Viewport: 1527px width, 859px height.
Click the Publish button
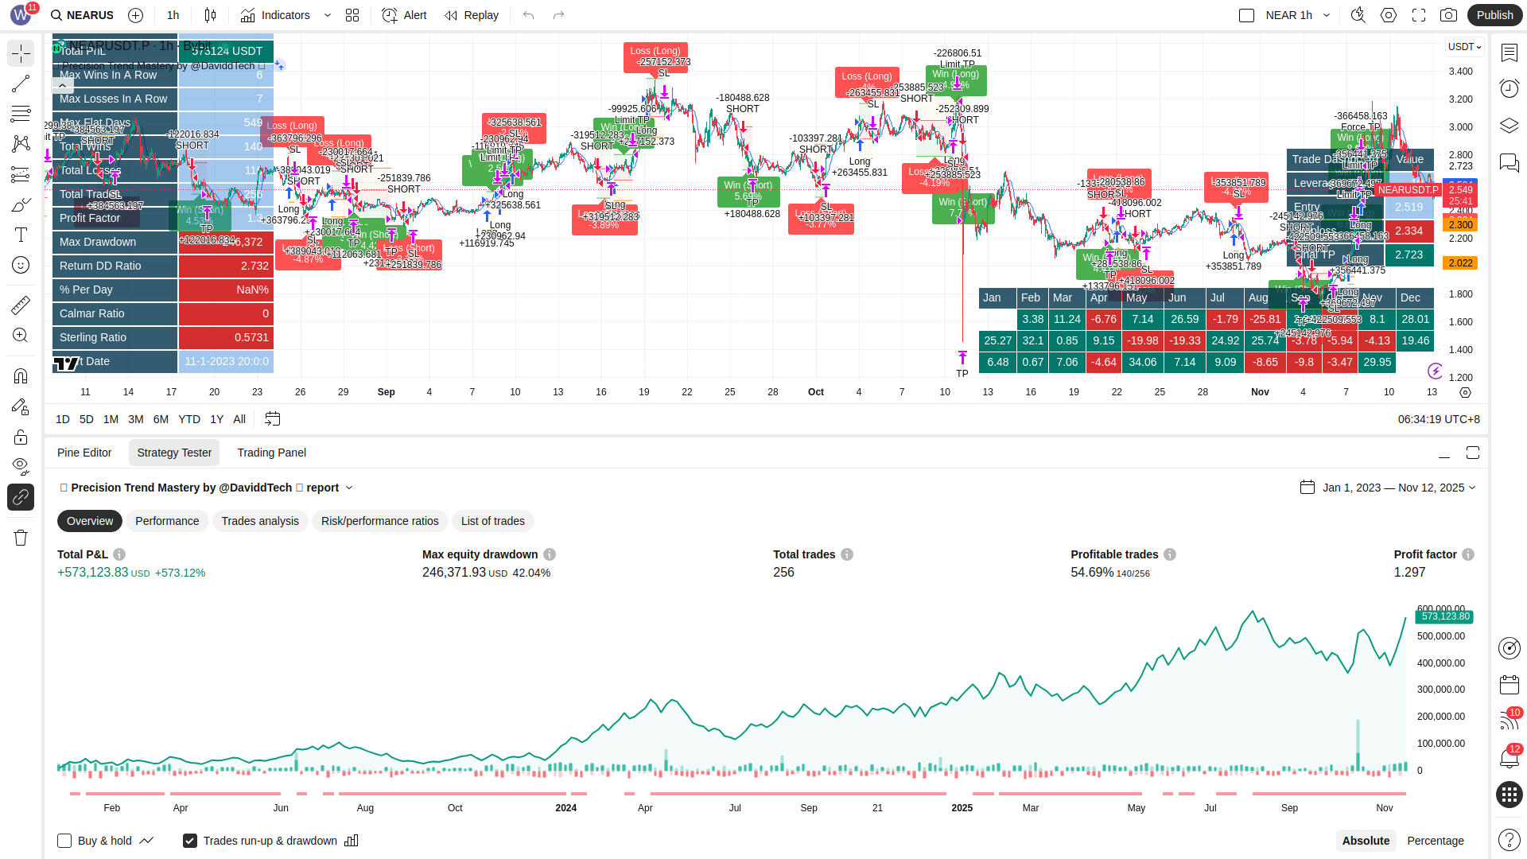(1494, 15)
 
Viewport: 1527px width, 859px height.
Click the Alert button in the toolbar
(404, 15)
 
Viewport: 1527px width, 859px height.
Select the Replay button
(472, 15)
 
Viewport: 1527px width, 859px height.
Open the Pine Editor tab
(84, 453)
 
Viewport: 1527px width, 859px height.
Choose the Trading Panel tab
(271, 453)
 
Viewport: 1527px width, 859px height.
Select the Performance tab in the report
(167, 521)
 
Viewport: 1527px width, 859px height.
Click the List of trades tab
(492, 521)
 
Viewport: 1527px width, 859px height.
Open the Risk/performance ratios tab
(379, 521)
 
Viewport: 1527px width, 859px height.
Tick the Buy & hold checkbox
(64, 841)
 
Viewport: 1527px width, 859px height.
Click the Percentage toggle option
(1435, 841)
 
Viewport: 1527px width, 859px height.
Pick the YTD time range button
(189, 419)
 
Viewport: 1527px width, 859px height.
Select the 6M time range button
(161, 419)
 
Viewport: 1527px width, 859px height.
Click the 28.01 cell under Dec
(1415, 319)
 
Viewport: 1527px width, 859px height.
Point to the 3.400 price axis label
(1461, 72)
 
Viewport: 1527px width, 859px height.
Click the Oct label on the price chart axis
(815, 392)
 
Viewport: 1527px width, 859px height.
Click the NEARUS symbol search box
(82, 15)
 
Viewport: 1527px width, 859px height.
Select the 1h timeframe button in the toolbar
(173, 15)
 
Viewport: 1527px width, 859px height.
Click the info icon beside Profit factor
(1468, 554)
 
